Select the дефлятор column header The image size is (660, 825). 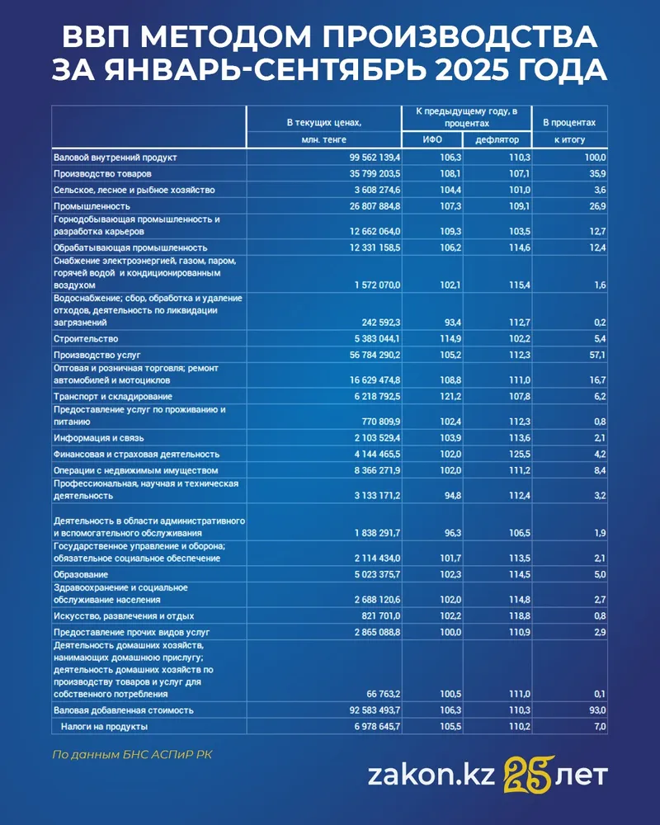coord(497,139)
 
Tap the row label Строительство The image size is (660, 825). coord(85,338)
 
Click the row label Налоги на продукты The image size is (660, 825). coord(104,726)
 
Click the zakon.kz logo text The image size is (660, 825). coord(431,776)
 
